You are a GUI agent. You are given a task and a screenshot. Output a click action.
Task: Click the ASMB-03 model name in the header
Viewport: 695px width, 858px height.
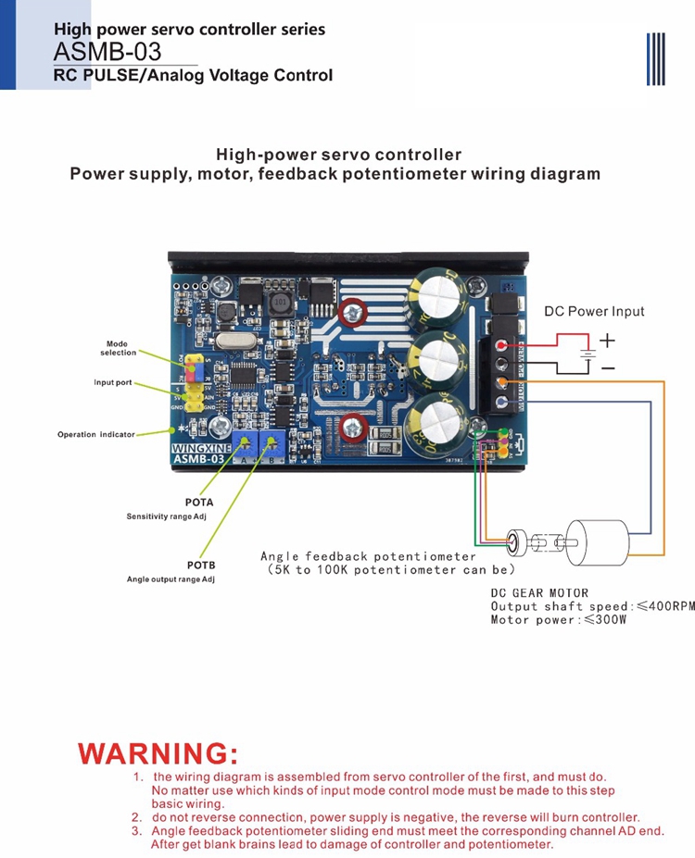[107, 52]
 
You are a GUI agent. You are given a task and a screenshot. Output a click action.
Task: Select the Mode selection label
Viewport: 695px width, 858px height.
[118, 348]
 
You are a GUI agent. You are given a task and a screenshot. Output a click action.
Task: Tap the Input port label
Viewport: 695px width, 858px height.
[112, 382]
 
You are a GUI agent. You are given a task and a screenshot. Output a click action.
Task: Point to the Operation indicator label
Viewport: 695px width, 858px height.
[96, 434]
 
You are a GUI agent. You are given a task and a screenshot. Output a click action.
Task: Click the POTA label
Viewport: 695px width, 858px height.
[199, 503]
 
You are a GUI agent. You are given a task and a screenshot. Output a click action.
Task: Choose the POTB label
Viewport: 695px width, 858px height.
[200, 565]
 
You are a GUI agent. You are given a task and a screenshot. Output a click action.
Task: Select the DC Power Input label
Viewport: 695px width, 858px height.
[594, 311]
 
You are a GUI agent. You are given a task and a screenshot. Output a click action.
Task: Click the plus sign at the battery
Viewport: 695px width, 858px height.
[607, 341]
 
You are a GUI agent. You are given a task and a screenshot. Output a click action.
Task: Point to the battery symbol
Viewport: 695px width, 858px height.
[586, 354]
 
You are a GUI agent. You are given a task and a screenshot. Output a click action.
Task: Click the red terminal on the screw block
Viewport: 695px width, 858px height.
[501, 344]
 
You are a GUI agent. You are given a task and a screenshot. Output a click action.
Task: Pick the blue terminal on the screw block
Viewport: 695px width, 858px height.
[501, 401]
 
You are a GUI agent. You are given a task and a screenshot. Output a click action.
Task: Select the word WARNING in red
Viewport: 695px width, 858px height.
[158, 752]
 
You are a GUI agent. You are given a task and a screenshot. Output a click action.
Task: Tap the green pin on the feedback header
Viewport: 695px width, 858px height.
[501, 434]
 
